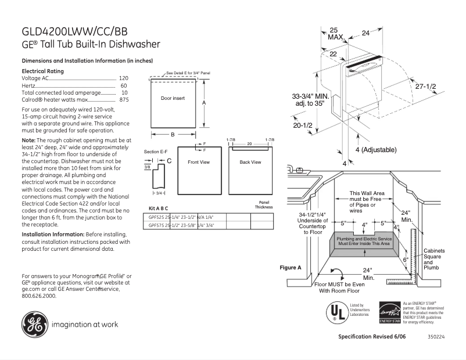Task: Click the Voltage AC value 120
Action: (x=123, y=78)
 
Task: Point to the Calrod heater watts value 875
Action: (x=124, y=100)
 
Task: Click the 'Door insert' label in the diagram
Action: (x=173, y=98)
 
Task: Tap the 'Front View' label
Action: (x=198, y=162)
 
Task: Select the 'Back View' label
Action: (x=250, y=162)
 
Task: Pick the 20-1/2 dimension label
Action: (x=303, y=125)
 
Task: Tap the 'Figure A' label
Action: (x=291, y=268)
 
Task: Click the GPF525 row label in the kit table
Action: (x=156, y=217)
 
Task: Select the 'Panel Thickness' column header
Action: (x=263, y=205)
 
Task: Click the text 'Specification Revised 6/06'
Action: (x=371, y=337)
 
